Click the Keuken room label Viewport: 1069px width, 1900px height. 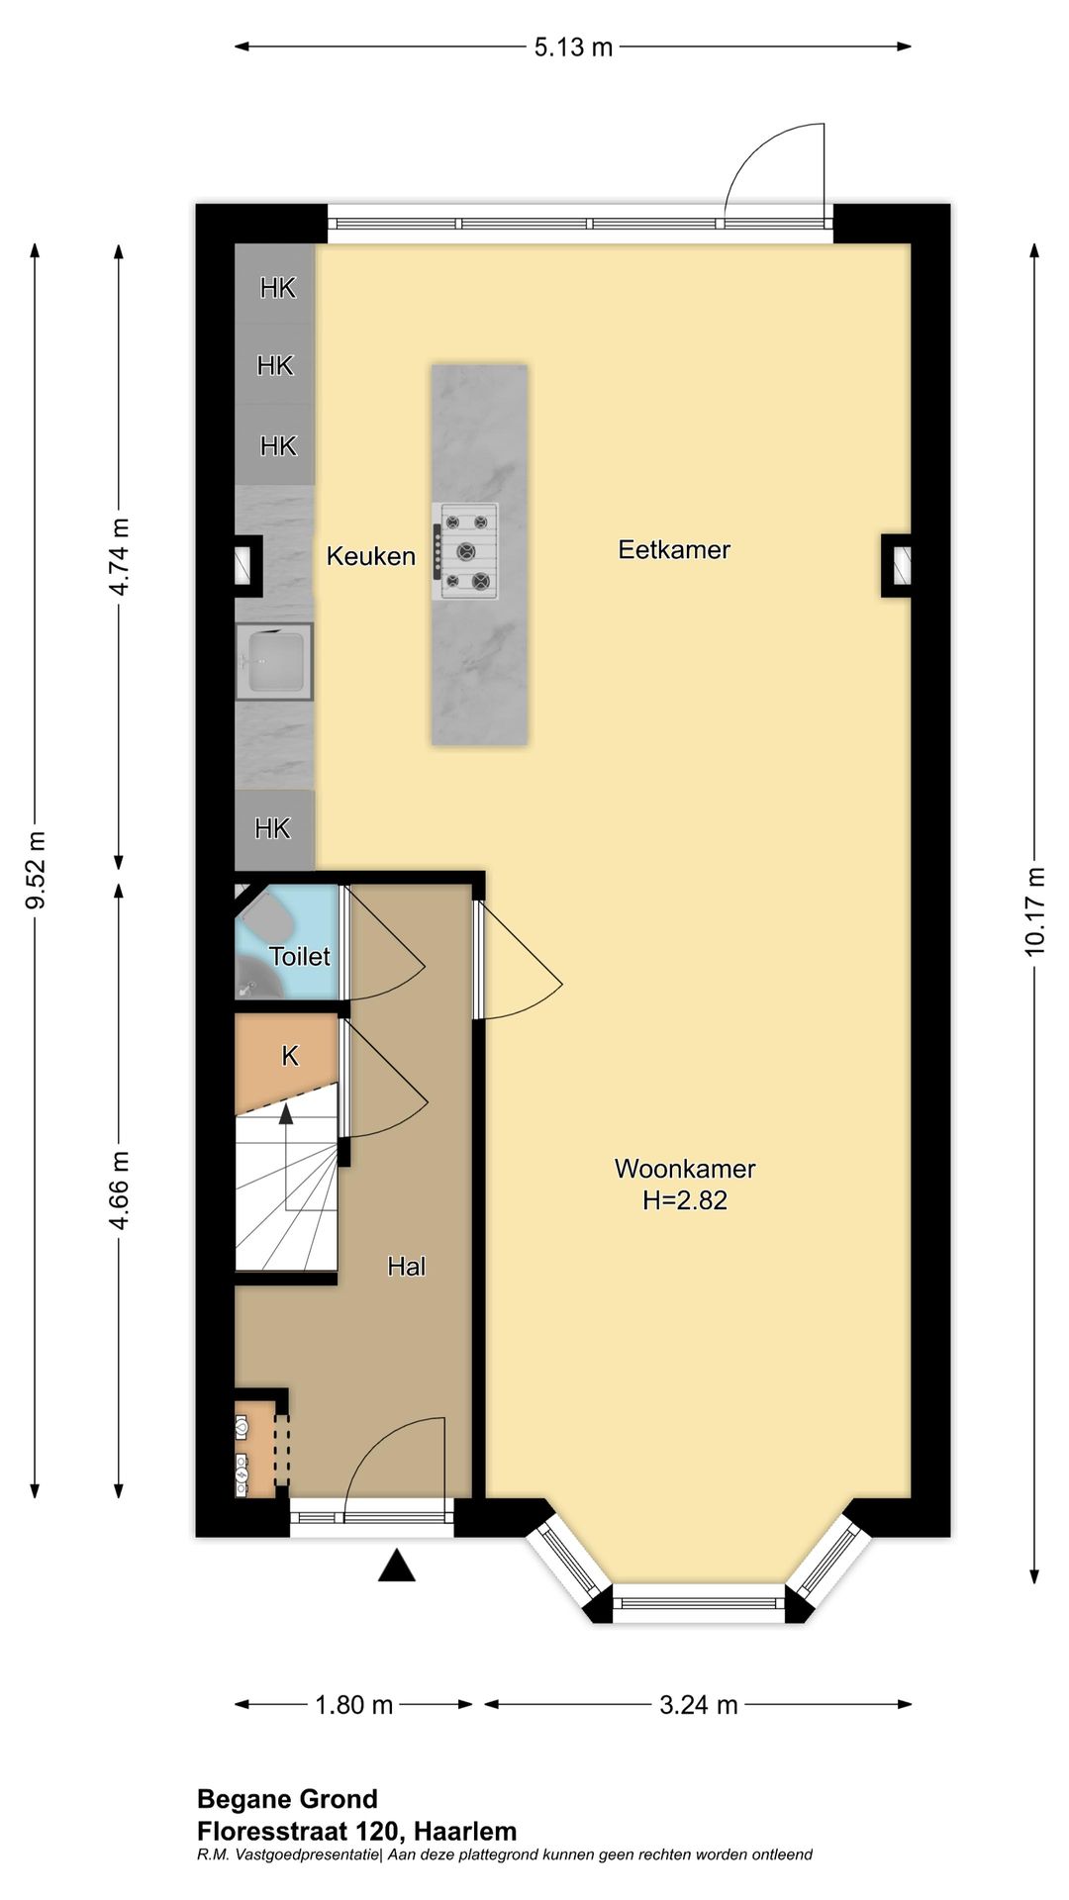coord(371,556)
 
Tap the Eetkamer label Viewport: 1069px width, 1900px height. coord(674,549)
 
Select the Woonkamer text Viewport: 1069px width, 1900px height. coord(685,1168)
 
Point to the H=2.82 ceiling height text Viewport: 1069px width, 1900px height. coord(685,1200)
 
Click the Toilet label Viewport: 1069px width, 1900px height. coord(300,956)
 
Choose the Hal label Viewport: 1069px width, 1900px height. coord(407,1266)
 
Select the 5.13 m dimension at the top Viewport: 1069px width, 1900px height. coord(573,47)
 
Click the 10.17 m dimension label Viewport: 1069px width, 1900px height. coord(1035,911)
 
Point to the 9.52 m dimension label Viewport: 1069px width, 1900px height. coord(36,870)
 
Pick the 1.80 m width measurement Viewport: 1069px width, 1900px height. coord(354,1704)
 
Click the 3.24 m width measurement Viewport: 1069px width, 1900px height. coord(699,1704)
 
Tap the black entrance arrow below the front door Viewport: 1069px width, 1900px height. coord(397,1567)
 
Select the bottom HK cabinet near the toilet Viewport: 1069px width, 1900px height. coord(274,829)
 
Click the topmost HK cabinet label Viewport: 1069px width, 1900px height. coord(278,287)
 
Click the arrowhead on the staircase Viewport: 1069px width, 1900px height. coord(286,1114)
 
